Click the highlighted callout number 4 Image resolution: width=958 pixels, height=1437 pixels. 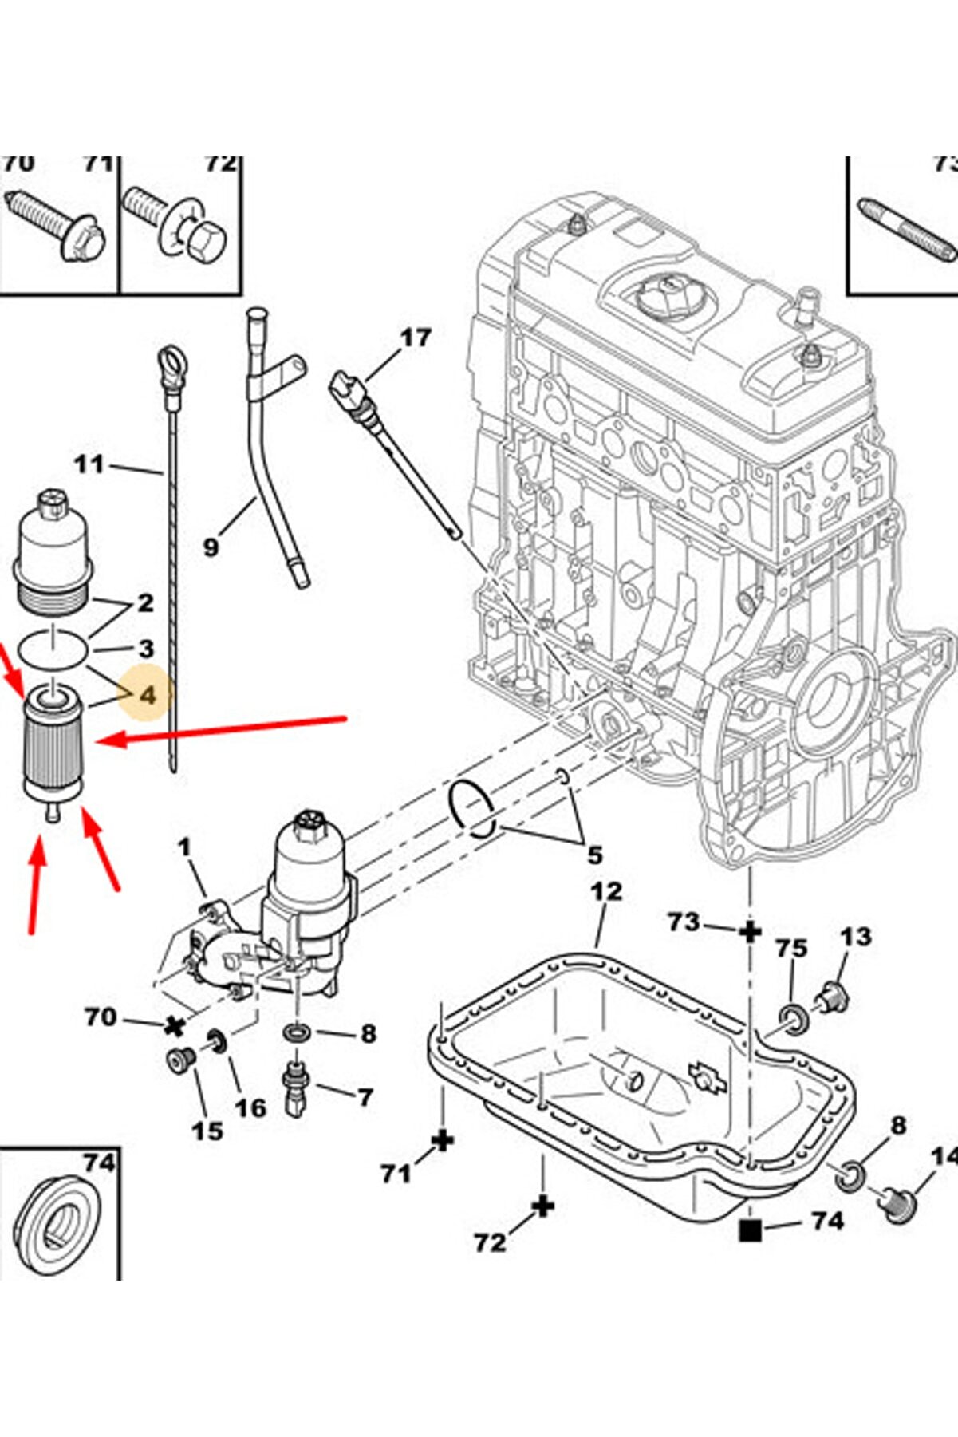point(148,696)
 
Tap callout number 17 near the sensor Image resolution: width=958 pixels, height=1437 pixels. point(415,338)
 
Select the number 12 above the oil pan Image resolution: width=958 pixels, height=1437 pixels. point(606,890)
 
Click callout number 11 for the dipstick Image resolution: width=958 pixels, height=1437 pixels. point(89,464)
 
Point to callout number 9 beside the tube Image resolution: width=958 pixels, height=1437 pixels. point(211,547)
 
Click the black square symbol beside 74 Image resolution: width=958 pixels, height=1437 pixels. point(751,1230)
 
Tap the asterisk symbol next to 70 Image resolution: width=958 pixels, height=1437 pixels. point(174,1026)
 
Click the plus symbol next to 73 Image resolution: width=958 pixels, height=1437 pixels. point(750,930)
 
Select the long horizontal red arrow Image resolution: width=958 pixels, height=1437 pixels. point(223,730)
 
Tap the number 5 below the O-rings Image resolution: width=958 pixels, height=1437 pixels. point(594,855)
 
